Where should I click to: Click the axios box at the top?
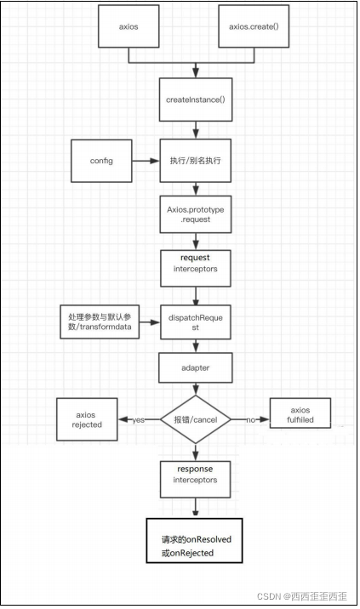[129, 26]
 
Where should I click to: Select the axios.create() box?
[254, 26]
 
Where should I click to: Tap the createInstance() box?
[196, 100]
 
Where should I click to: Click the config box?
[101, 161]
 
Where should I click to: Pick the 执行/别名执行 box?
[196, 161]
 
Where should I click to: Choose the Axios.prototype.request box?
[196, 214]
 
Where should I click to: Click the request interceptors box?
[196, 269]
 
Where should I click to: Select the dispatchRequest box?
[196, 322]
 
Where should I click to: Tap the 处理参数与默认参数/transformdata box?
[100, 322]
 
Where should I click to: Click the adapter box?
[196, 367]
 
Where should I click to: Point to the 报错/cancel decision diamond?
[196, 419]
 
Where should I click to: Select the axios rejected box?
[87, 419]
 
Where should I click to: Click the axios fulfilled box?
[300, 413]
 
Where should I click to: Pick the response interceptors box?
[196, 479]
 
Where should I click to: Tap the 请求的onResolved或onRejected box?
[194, 540]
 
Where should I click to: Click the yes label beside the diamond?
[139, 420]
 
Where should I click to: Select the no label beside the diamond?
[251, 420]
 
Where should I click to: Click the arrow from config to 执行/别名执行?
[146, 161]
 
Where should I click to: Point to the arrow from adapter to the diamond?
[196, 389]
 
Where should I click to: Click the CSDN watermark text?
[301, 596]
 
